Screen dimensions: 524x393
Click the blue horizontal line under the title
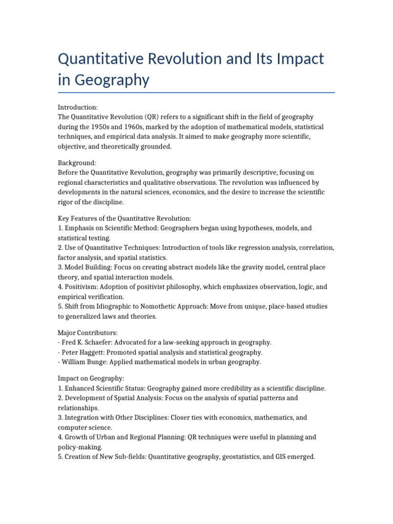196,93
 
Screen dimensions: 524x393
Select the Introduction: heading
78,107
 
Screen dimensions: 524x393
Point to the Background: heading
77,163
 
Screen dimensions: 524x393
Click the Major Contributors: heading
88,333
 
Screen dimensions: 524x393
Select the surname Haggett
96,352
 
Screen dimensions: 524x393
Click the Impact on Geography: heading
91,379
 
